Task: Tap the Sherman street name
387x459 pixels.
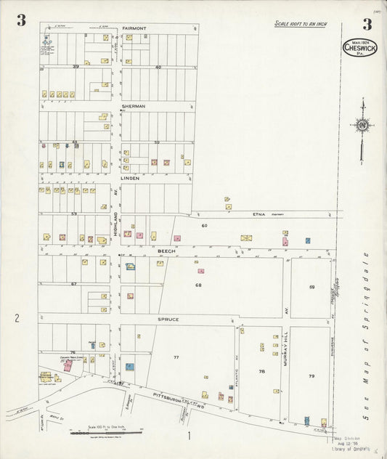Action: tap(134, 106)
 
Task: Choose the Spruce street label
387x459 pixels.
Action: tap(168, 319)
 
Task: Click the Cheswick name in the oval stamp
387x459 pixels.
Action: tap(360, 50)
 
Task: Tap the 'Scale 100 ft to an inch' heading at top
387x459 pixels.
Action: tap(300, 24)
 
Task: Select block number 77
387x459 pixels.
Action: tap(176, 358)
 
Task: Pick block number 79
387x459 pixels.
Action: tap(311, 376)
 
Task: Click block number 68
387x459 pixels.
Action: tap(197, 285)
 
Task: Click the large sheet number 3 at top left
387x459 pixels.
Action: tap(22, 21)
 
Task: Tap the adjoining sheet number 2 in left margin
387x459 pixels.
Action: tap(15, 317)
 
